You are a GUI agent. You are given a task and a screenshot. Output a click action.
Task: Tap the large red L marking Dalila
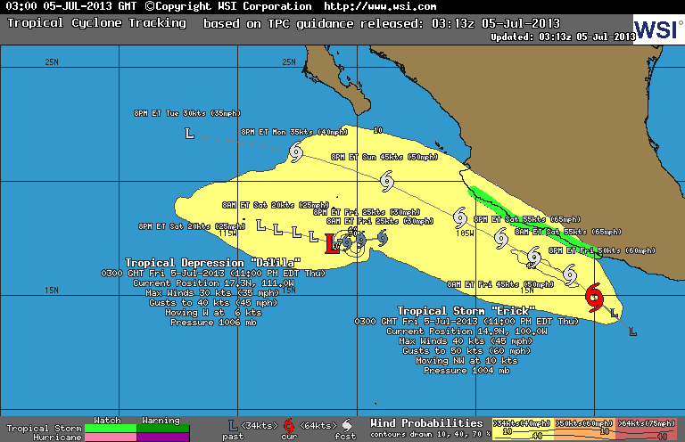click(333, 243)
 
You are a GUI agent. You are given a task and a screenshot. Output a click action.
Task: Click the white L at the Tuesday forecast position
click(189, 134)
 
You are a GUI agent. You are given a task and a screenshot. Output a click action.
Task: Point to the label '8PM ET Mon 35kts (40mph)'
click(293, 132)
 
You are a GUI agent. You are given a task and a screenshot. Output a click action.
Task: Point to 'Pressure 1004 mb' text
click(458, 370)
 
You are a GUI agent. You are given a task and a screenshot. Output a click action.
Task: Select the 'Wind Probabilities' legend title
click(426, 422)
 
